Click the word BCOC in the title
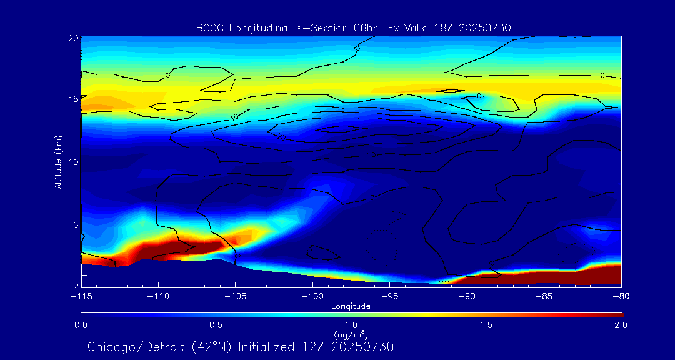[x=208, y=27]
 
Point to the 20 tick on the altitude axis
[x=72, y=38]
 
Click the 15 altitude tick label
[x=72, y=99]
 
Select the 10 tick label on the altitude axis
[x=72, y=162]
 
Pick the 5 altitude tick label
[x=75, y=224]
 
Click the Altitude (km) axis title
[x=59, y=161]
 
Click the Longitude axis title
[x=351, y=306]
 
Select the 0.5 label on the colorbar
[x=216, y=326]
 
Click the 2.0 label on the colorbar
[x=621, y=326]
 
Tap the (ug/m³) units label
[x=351, y=335]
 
